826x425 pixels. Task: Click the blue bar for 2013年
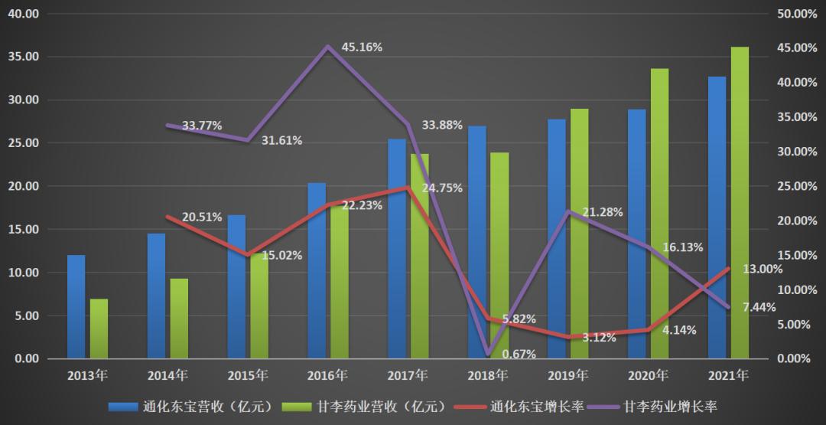point(76,306)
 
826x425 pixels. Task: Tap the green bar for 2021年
point(740,203)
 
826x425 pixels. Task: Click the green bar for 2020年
point(659,214)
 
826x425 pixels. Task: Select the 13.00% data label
point(763,269)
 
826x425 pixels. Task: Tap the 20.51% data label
point(202,217)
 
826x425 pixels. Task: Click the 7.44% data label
point(759,307)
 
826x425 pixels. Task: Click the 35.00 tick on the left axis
point(22,57)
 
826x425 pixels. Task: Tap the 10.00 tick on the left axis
point(22,273)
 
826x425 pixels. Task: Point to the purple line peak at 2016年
point(328,47)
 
